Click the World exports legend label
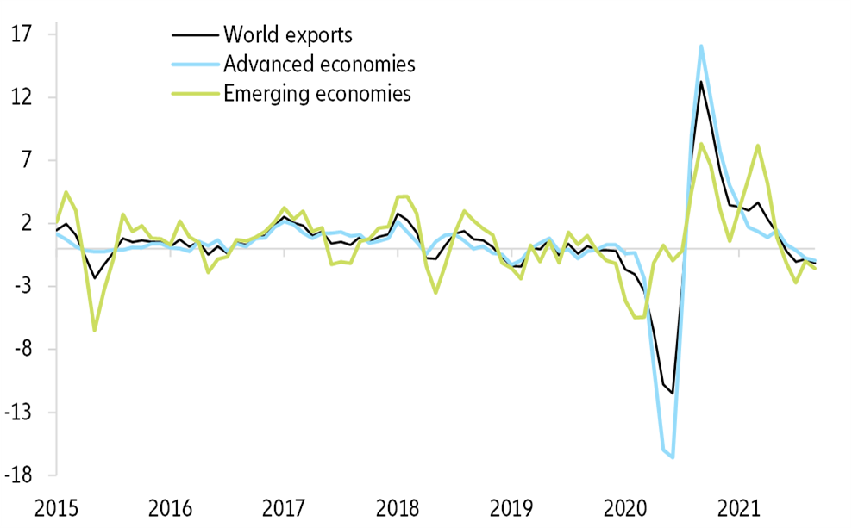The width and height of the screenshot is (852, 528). pos(288,35)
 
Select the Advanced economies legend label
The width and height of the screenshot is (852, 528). pos(319,65)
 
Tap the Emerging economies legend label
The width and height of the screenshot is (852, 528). pos(316,94)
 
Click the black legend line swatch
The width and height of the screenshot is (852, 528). pos(195,35)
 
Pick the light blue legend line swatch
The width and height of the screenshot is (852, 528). pos(195,65)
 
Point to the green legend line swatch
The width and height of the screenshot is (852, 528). pos(195,94)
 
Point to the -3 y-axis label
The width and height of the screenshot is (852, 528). pos(22,287)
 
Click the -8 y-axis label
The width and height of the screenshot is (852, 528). pos(22,350)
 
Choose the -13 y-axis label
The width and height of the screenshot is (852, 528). pos(19,413)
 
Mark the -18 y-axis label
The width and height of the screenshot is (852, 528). pos(19,476)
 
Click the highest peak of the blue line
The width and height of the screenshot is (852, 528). pos(701,47)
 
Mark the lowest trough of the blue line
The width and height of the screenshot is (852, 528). pos(673,457)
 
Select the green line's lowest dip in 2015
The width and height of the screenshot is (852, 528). pos(94,330)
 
